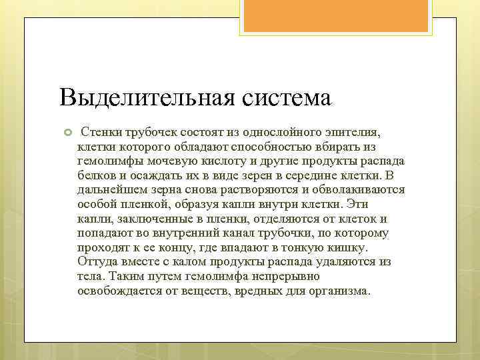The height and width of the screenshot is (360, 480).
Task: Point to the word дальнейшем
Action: [112, 188]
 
